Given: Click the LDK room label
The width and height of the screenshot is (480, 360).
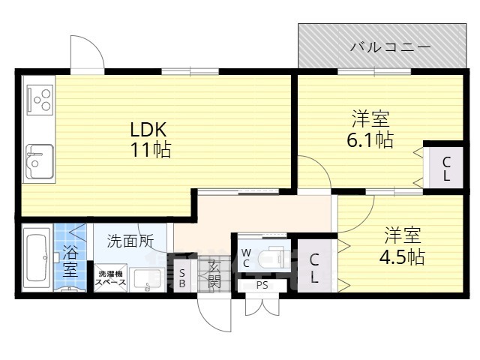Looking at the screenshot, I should pyautogui.click(x=150, y=127).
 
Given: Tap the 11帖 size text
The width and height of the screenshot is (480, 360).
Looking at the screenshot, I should pyautogui.click(x=150, y=149).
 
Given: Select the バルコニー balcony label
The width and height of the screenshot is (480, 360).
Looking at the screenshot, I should pyautogui.click(x=391, y=47).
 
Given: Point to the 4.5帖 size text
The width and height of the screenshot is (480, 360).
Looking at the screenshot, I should pyautogui.click(x=401, y=256).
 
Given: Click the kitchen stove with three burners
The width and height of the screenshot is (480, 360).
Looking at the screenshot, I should pyautogui.click(x=40, y=100).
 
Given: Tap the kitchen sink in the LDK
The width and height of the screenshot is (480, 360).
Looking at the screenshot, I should pyautogui.click(x=40, y=160).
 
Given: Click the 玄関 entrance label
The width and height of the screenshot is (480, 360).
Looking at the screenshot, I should pyautogui.click(x=214, y=274).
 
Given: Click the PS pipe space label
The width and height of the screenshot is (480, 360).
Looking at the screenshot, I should pyautogui.click(x=262, y=286).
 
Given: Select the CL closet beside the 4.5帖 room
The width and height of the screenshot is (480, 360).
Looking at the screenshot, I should pyautogui.click(x=315, y=268).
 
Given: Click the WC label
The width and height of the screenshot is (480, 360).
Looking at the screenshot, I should pyautogui.click(x=246, y=257).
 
